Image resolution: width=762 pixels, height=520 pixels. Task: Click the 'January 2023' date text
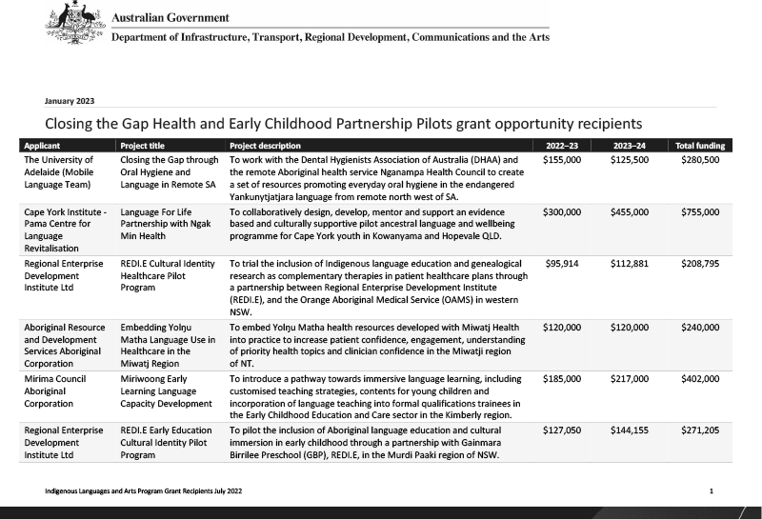click(70, 100)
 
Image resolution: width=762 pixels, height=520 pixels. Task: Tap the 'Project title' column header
click(147, 146)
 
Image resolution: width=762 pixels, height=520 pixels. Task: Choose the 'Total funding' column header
click(700, 146)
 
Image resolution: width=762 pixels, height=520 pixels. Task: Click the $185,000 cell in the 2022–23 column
click(563, 378)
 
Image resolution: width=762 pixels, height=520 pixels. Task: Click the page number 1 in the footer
click(712, 490)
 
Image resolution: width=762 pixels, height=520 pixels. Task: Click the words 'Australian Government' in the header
click(170, 18)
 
